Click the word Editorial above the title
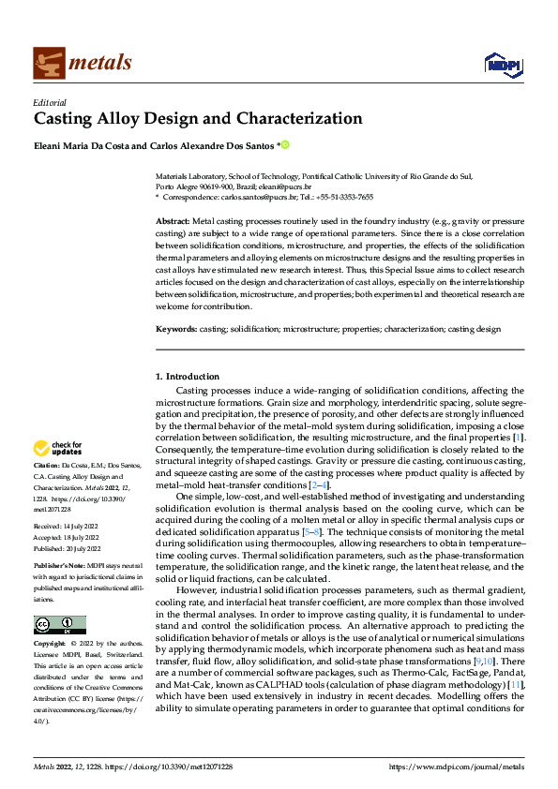pyautogui.click(x=50, y=101)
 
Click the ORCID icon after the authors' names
pyautogui.click(x=285, y=145)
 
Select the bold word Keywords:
pyautogui.click(x=176, y=329)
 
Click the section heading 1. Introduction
pyautogui.click(x=188, y=377)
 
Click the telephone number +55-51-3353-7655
pyautogui.click(x=344, y=198)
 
